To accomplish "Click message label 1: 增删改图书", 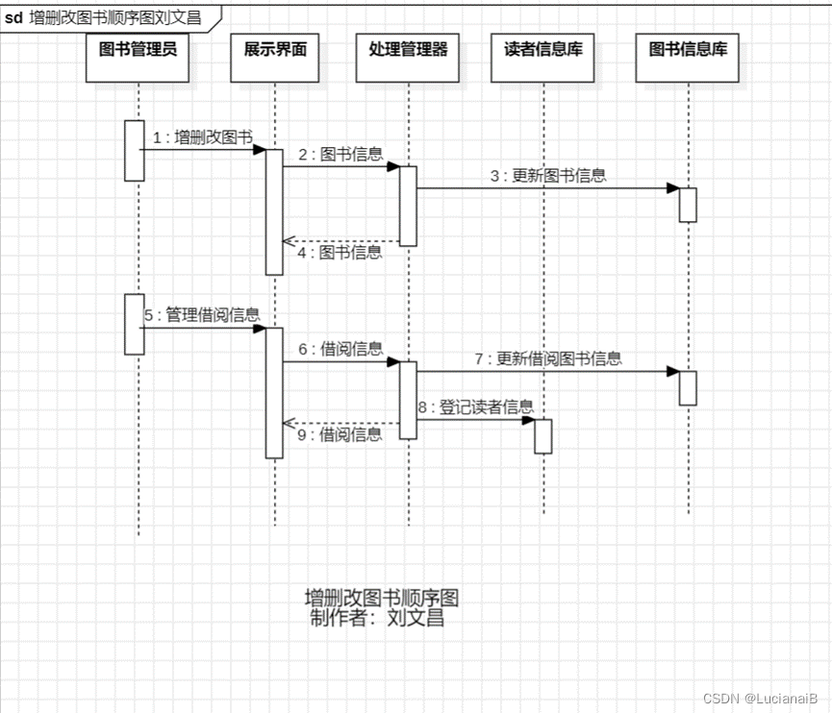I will coord(202,137).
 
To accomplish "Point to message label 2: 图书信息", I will coord(340,154).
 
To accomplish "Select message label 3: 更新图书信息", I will coord(548,176).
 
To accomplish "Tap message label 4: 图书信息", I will coord(340,253).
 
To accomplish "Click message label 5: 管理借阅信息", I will coord(202,315).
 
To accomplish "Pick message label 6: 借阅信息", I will coord(340,349).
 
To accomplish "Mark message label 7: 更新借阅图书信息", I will coord(548,359).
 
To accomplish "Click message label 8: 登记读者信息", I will coord(475,406).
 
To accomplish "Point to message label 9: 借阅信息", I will coord(340,434).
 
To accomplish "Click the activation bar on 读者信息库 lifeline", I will coord(543,436).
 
